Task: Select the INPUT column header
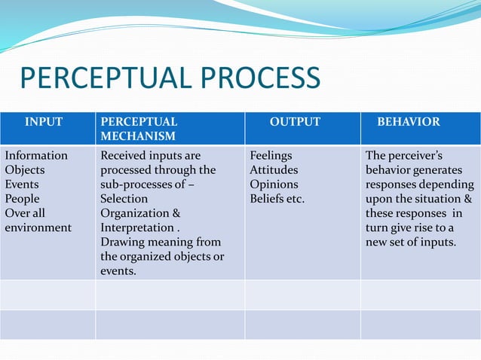[x=44, y=121]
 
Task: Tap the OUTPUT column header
[x=296, y=121]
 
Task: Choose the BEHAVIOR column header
[x=409, y=121]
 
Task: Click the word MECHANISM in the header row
[x=138, y=136]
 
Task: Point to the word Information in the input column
[x=36, y=156]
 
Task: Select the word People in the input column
[x=23, y=199]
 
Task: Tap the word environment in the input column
[x=38, y=227]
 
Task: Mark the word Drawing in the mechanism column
[x=123, y=242]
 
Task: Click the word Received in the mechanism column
[x=124, y=156]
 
